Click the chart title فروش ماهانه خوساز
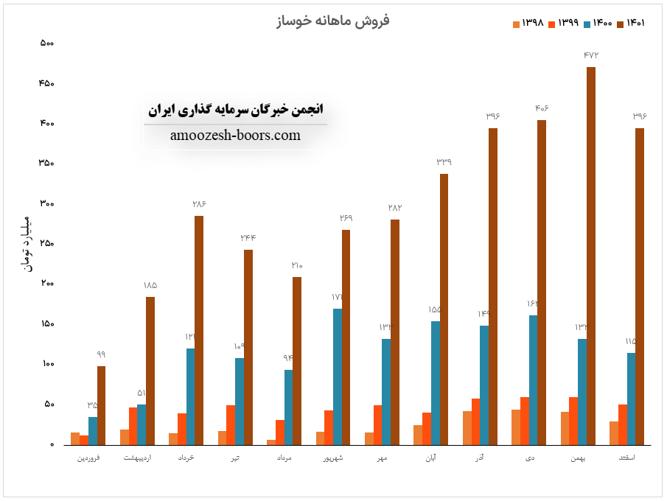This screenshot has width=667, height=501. pyautogui.click(x=332, y=20)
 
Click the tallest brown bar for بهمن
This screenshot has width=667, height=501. pyautogui.click(x=590, y=256)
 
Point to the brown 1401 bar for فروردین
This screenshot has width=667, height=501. pyautogui.click(x=101, y=405)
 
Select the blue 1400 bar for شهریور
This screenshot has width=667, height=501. pyautogui.click(x=337, y=376)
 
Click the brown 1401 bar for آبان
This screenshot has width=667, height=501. pyautogui.click(x=444, y=309)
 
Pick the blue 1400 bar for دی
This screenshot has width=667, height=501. pyautogui.click(x=533, y=380)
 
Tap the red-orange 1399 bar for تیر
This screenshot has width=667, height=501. pyautogui.click(x=231, y=425)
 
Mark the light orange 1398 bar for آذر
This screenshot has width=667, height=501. pyautogui.click(x=467, y=428)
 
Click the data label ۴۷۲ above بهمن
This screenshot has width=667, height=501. pyautogui.click(x=590, y=55)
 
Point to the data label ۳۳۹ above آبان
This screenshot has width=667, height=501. pyautogui.click(x=444, y=162)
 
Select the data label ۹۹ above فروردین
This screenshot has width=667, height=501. pyautogui.click(x=101, y=354)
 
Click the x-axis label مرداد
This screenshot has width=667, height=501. pyautogui.click(x=284, y=459)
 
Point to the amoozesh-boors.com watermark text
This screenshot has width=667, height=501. pyautogui.click(x=235, y=136)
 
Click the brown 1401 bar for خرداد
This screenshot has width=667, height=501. pyautogui.click(x=199, y=330)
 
